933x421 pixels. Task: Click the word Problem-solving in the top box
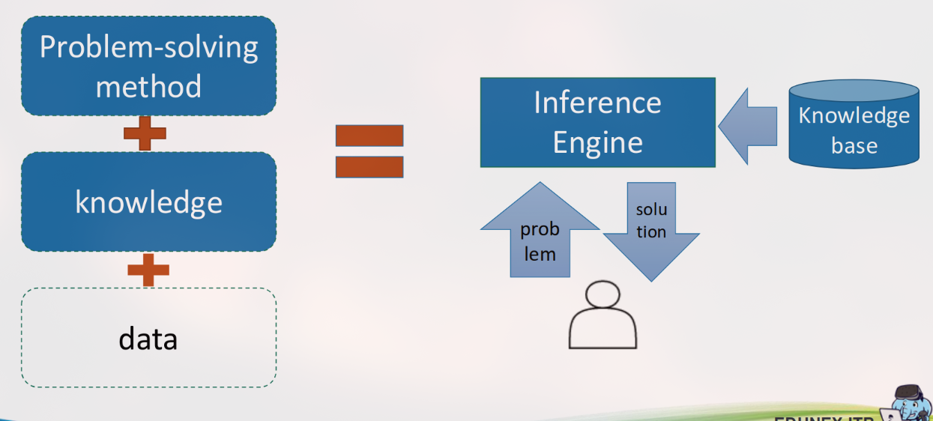click(x=148, y=48)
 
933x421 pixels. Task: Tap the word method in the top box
click(x=148, y=86)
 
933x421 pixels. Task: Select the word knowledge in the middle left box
click(x=148, y=203)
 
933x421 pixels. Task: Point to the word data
click(x=148, y=339)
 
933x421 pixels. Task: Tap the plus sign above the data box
click(x=148, y=270)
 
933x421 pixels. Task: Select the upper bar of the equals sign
click(x=369, y=136)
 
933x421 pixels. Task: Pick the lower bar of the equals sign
click(x=369, y=166)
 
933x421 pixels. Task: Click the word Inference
click(x=597, y=103)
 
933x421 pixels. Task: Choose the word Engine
click(x=597, y=142)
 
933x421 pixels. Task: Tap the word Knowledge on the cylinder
click(x=854, y=116)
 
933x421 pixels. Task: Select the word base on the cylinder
click(x=854, y=145)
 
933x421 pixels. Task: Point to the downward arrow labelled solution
click(x=651, y=228)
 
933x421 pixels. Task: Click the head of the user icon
click(x=603, y=296)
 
